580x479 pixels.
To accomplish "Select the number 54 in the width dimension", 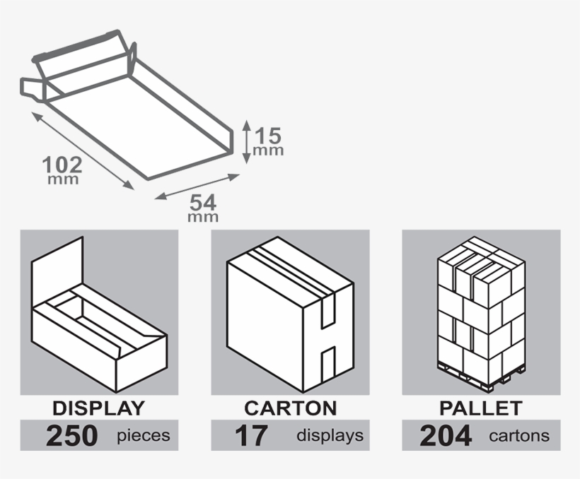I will point(202,202).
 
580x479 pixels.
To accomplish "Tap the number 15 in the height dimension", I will point(269,134).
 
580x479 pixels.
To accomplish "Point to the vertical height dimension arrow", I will point(245,141).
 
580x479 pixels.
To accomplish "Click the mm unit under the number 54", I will point(202,218).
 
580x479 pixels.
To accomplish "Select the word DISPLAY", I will point(98,408).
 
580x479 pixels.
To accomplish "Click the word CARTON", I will point(290,408).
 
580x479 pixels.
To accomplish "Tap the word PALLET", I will point(481,408).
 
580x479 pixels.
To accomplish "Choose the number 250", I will point(71,436).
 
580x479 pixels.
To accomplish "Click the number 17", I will point(251,436).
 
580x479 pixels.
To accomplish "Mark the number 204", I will point(446,436).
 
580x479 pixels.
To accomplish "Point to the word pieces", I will point(144,436).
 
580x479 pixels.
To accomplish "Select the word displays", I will point(330,436).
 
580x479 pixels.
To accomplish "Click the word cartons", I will point(519,436).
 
